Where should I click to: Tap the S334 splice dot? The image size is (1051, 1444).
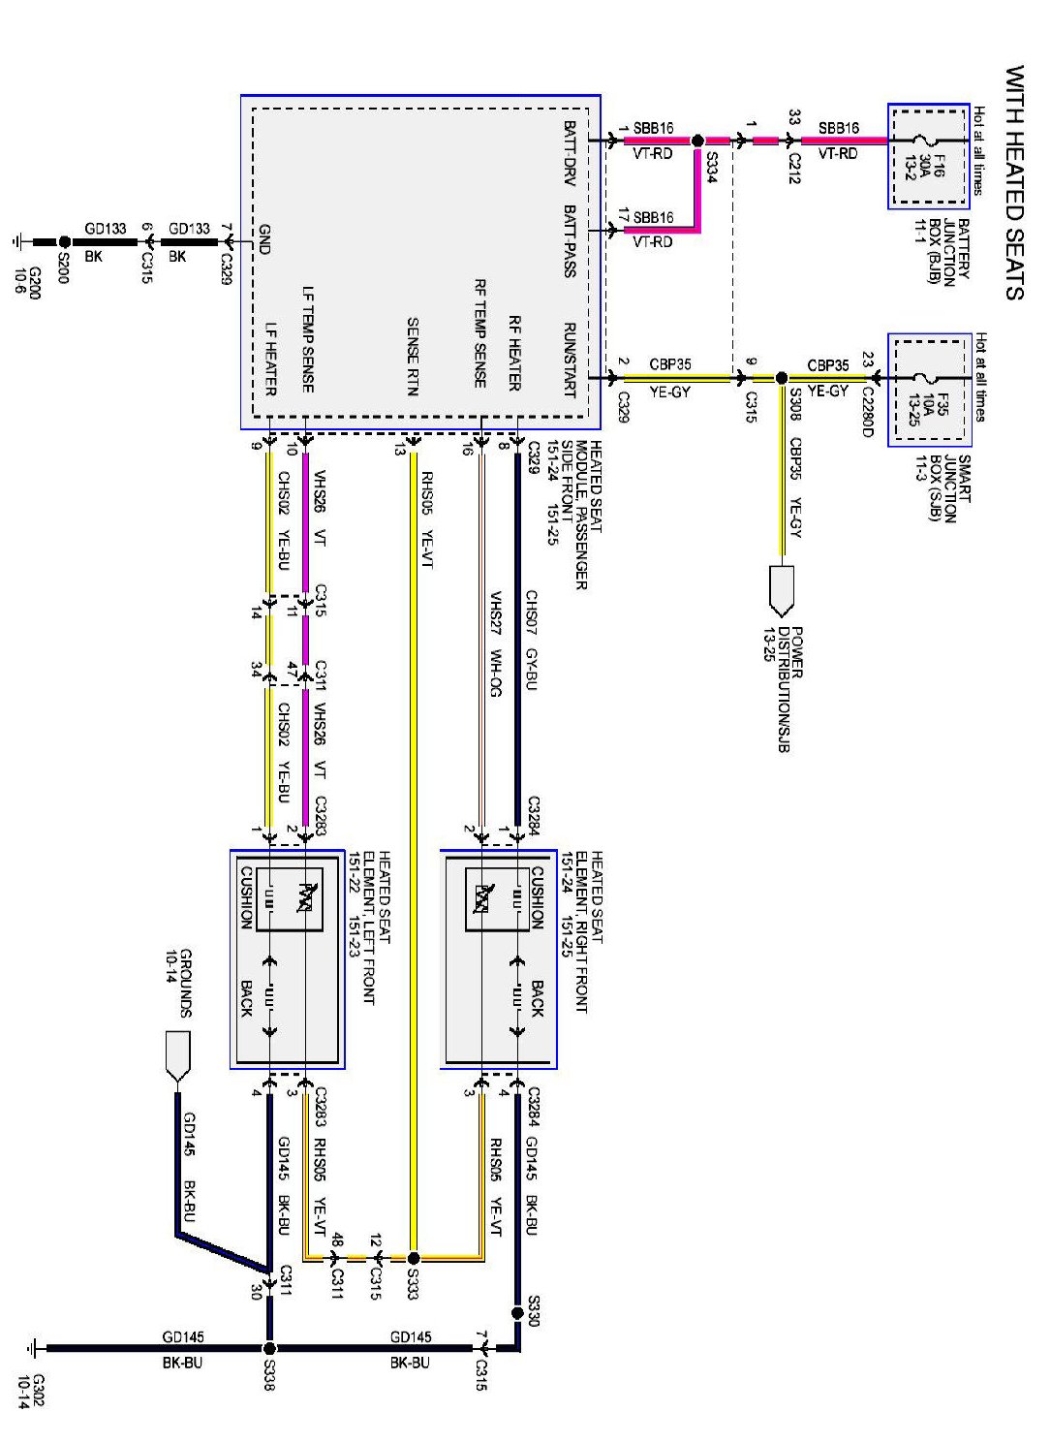tap(697, 141)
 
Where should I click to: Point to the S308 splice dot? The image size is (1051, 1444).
tap(782, 379)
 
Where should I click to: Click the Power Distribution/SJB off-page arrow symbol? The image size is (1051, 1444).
tap(782, 590)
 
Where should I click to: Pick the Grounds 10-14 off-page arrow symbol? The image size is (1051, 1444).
tap(178, 1055)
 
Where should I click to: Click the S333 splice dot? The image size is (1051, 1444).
tap(414, 1258)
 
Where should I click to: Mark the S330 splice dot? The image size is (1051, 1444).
tap(517, 1313)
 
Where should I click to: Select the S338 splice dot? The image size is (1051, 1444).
tap(269, 1348)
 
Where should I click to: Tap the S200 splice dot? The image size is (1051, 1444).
tap(64, 241)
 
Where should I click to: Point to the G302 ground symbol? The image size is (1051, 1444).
tap(35, 1348)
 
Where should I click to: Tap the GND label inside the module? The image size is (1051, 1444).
tap(264, 239)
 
